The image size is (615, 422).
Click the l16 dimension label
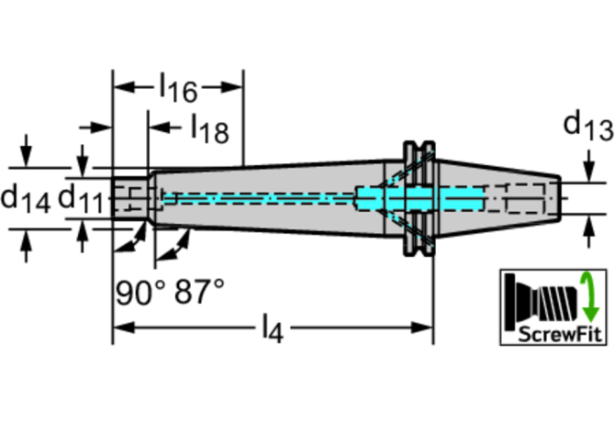point(178,89)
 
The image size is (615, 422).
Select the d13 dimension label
point(587,126)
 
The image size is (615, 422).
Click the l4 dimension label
point(272,328)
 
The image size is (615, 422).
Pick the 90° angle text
point(140,294)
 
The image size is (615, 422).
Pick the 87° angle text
point(198,294)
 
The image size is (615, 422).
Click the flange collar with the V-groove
point(418,196)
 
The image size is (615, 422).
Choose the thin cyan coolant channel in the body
point(257,196)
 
